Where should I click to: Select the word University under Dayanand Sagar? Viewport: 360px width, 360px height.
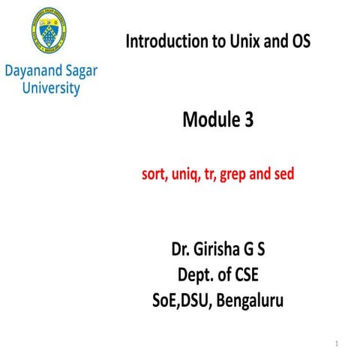(x=51, y=88)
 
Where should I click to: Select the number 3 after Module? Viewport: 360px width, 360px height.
(x=249, y=121)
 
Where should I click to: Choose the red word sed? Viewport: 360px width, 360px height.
(x=283, y=176)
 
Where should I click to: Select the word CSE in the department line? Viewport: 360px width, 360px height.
(x=256, y=277)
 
